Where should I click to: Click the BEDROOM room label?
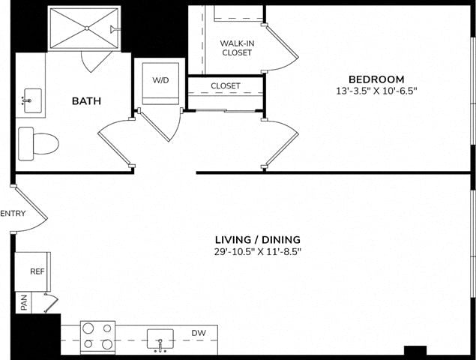tap(376, 79)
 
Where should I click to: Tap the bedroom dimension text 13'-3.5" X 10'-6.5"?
tap(376, 91)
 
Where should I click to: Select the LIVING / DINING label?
tap(258, 240)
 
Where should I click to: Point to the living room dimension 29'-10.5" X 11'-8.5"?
tap(258, 251)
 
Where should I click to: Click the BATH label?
tap(86, 100)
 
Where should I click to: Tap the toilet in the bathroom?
tap(38, 144)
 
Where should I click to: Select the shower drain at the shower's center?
tap(87, 28)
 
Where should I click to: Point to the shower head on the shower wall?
tap(115, 28)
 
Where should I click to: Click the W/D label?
tap(160, 80)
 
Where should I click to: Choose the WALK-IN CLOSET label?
tap(237, 48)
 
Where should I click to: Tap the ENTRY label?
tap(13, 214)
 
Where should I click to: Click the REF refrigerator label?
tap(37, 271)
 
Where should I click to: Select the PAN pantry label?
tap(24, 302)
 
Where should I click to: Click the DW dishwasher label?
tap(199, 333)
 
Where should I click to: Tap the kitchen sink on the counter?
tap(160, 339)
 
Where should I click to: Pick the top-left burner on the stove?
tap(88, 328)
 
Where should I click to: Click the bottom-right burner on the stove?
tap(107, 344)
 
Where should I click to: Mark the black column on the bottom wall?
tap(415, 350)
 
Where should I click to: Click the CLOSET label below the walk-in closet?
tap(226, 86)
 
